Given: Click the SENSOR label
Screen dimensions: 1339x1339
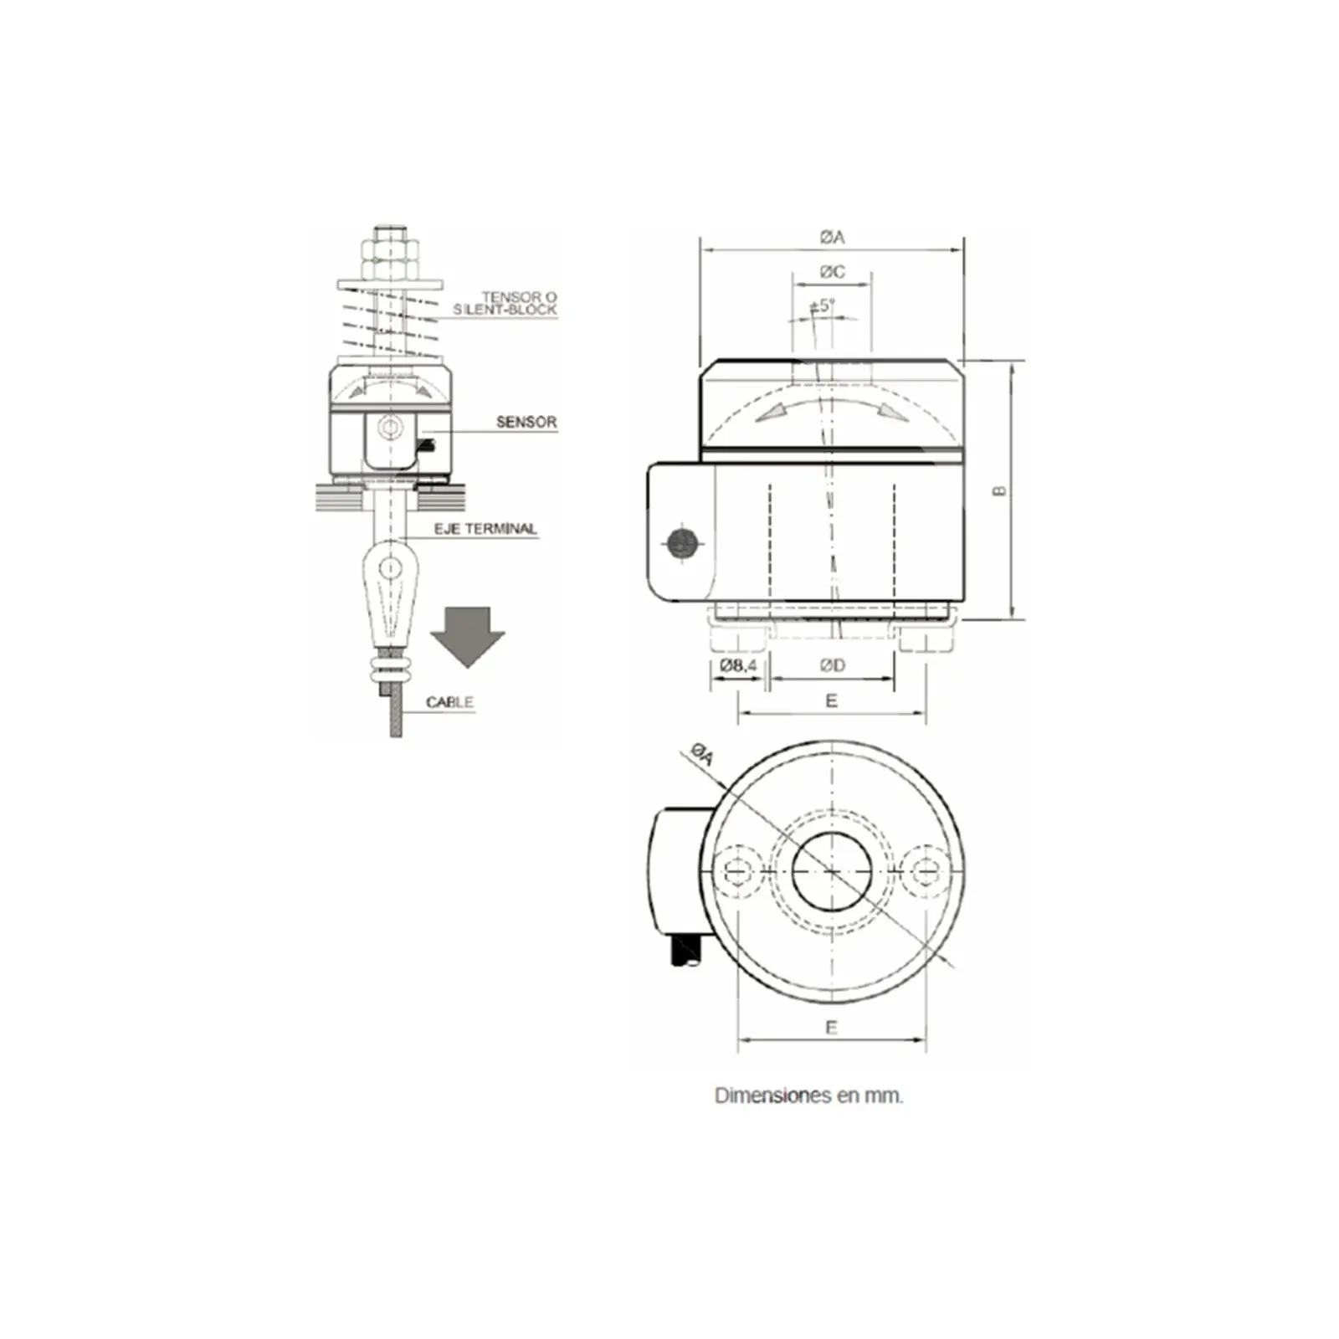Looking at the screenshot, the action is tap(526, 422).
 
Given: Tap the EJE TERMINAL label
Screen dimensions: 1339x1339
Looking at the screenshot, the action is tap(485, 529).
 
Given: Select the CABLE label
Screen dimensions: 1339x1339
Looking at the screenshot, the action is tap(449, 702).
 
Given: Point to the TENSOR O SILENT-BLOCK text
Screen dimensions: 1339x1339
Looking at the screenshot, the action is tap(505, 303).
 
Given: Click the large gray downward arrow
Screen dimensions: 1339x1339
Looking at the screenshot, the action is tap(467, 637).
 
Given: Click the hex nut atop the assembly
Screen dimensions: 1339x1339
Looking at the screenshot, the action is tap(389, 259).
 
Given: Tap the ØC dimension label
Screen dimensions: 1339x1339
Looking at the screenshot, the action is tap(832, 272).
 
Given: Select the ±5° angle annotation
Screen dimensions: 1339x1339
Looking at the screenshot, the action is tap(823, 305).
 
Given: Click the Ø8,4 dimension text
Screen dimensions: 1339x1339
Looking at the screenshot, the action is tap(737, 665).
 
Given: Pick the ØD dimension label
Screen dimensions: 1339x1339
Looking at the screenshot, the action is tap(832, 665).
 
